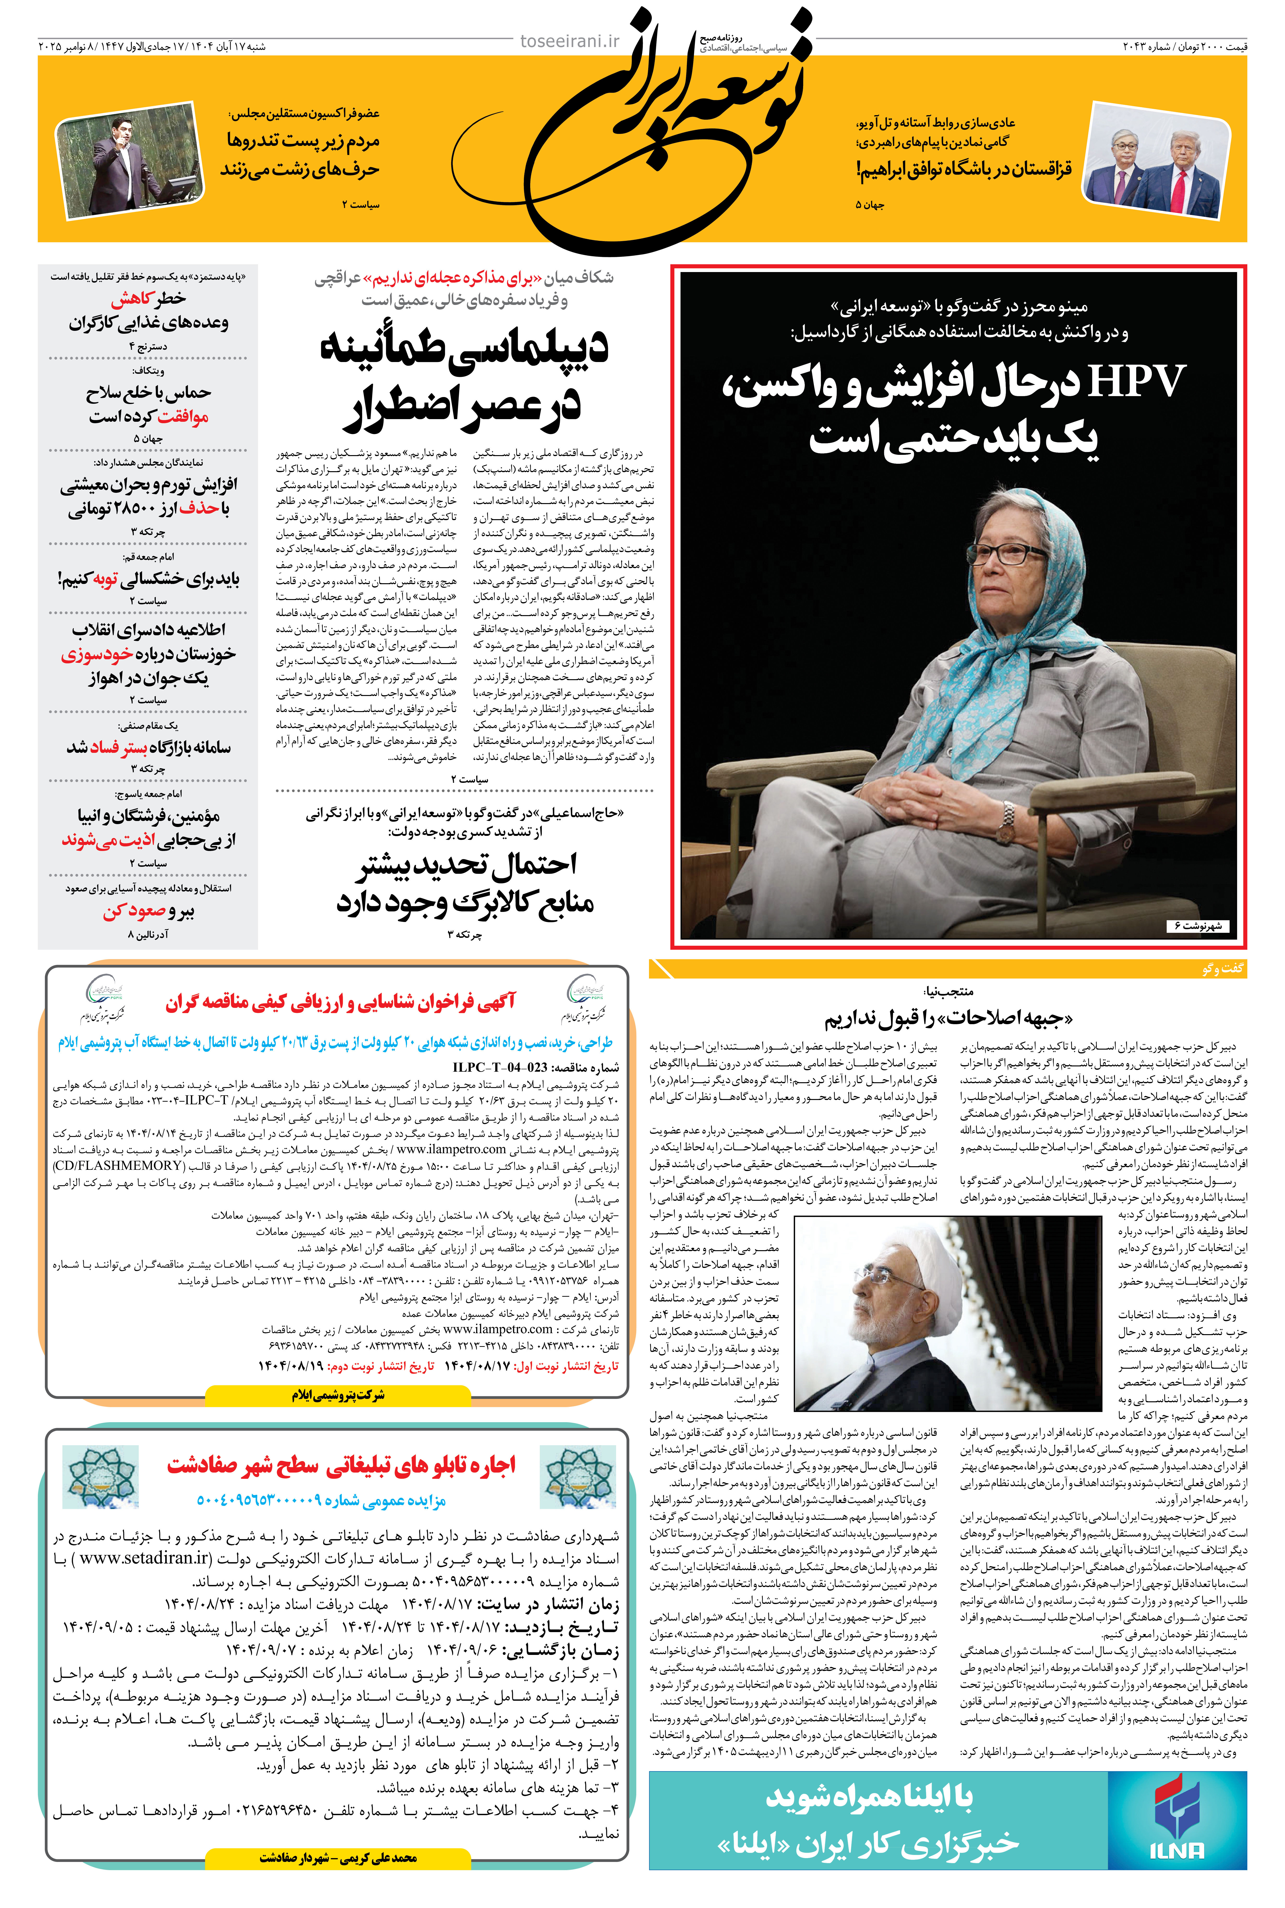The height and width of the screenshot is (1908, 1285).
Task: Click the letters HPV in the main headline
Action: point(1135,382)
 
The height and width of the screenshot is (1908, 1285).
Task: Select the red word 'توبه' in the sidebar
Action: point(106,579)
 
